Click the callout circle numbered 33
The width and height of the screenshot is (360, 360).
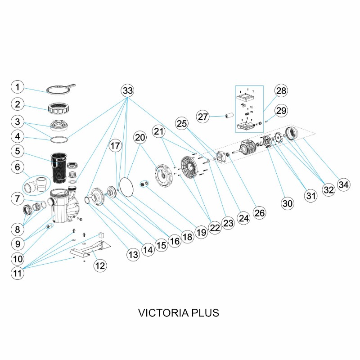point(128,90)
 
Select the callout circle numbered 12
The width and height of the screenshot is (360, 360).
point(99,265)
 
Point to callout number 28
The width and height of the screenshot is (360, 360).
point(281,91)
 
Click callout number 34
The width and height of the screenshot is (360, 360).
point(344,185)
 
